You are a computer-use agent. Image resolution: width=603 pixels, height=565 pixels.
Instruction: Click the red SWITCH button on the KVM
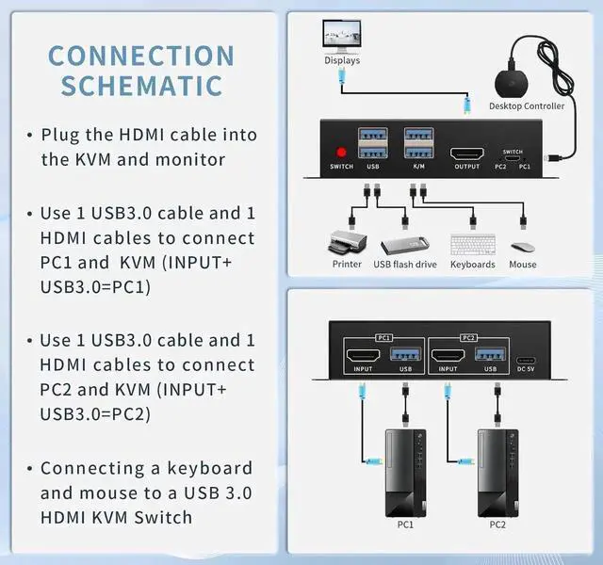341,152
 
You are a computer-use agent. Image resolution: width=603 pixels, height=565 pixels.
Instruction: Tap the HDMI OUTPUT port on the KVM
466,153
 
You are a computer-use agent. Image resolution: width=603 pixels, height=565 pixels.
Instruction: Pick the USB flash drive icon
405,245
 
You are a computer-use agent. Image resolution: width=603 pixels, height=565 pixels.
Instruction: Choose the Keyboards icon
472,245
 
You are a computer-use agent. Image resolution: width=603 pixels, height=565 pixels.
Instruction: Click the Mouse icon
522,248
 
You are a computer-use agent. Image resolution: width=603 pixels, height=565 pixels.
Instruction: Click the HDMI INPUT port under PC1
364,356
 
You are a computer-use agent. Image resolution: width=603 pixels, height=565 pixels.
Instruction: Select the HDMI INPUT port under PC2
447,356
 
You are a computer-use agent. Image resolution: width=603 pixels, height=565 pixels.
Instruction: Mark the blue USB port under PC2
490,355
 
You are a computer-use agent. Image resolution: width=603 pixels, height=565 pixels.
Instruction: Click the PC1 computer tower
406,471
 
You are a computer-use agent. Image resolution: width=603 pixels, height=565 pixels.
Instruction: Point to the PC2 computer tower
497,471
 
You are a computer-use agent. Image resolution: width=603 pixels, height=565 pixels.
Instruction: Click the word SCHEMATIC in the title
141,85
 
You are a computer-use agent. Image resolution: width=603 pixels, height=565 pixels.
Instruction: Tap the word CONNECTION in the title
141,56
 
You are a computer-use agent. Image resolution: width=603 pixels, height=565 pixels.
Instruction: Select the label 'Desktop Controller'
527,106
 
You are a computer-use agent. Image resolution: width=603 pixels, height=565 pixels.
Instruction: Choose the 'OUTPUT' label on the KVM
466,167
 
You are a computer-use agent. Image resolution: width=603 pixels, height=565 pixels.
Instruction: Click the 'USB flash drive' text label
405,265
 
